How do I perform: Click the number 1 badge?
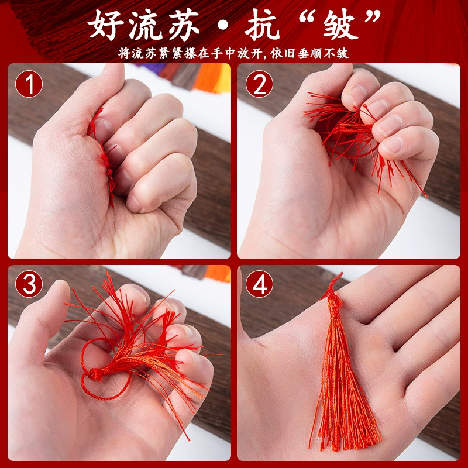[29, 84]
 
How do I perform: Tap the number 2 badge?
[259, 84]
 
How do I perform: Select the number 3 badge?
[29, 284]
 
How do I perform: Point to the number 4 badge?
[259, 284]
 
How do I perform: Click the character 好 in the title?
[106, 25]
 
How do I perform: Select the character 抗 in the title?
[261, 25]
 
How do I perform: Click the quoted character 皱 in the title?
[340, 25]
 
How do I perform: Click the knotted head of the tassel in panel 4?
[334, 304]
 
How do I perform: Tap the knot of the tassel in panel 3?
[96, 374]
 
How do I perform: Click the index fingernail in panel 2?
[357, 94]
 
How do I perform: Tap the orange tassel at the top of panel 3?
[218, 273]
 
